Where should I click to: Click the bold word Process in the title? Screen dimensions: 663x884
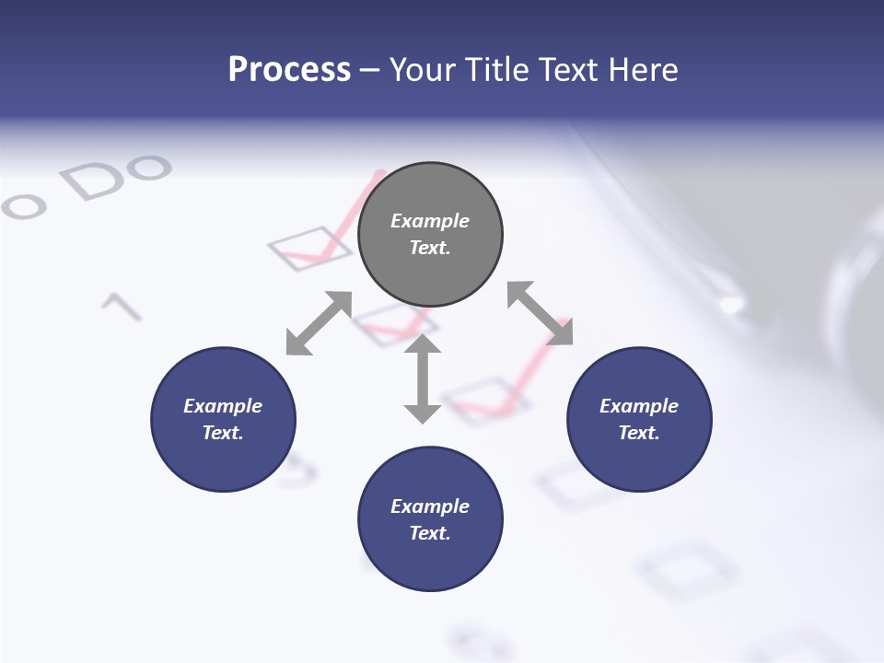pos(289,70)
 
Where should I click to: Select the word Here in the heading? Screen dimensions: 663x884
pos(642,70)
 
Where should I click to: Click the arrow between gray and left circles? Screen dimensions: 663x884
pos(319,323)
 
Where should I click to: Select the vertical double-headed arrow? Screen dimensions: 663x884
pos(423,378)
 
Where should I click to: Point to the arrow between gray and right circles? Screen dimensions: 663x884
pos(540,313)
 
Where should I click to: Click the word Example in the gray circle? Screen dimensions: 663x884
pos(430,221)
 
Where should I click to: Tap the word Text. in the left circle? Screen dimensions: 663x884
pos(223,433)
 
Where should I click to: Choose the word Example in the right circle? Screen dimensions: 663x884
pos(639,406)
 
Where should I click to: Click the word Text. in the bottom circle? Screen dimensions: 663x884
pos(430,533)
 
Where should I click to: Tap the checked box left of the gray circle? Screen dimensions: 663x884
pos(309,248)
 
